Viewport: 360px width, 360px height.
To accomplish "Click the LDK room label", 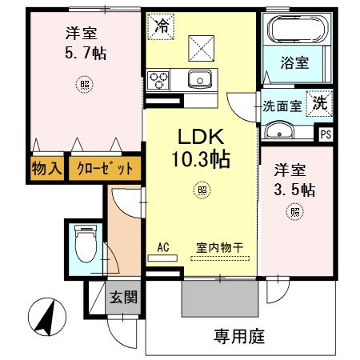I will click(201, 137).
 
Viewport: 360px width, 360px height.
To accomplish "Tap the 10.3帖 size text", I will click(201, 158).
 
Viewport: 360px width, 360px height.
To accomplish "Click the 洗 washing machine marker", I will click(319, 102).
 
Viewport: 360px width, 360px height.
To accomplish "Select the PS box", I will click(326, 134).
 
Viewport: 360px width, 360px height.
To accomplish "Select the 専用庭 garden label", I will click(238, 336).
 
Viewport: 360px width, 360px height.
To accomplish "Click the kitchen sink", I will click(198, 78).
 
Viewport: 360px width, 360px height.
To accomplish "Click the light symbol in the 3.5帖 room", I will click(295, 212).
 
